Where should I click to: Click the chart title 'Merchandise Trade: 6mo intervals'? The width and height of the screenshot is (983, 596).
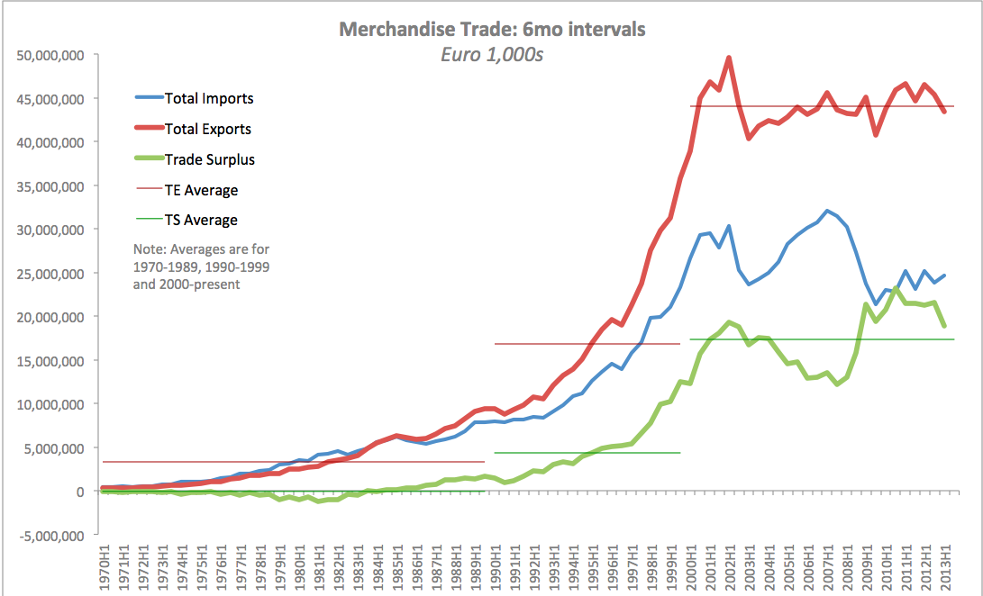click(492, 29)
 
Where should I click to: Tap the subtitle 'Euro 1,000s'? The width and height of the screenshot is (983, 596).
click(492, 54)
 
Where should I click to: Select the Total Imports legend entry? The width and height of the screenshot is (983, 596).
click(209, 98)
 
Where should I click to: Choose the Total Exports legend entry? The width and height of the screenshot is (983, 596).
click(208, 129)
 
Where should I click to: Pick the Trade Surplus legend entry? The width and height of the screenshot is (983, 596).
click(209, 159)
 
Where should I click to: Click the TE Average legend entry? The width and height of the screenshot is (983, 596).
click(202, 190)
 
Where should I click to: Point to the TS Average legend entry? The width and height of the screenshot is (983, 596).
click(201, 220)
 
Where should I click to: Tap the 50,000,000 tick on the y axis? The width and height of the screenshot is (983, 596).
click(50, 55)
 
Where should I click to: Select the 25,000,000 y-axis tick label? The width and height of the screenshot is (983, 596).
click(50, 273)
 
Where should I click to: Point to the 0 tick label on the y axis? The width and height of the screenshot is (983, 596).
click(80, 492)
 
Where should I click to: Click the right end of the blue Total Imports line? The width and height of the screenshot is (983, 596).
click(944, 275)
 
